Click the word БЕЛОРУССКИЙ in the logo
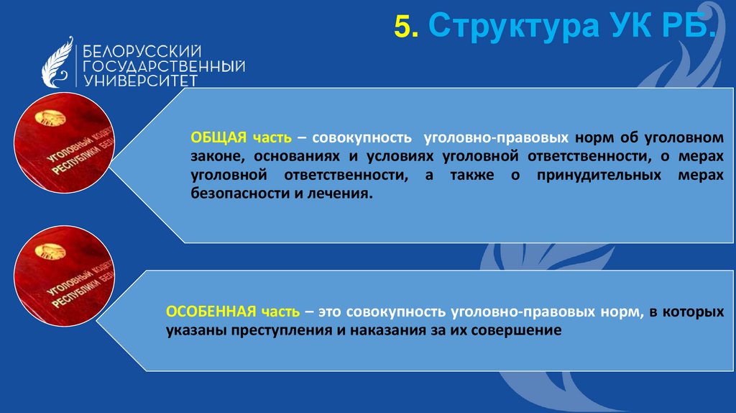point(142,52)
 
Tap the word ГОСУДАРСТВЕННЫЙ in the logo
point(164,66)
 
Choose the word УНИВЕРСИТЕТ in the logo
point(140,80)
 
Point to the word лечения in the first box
point(343,194)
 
